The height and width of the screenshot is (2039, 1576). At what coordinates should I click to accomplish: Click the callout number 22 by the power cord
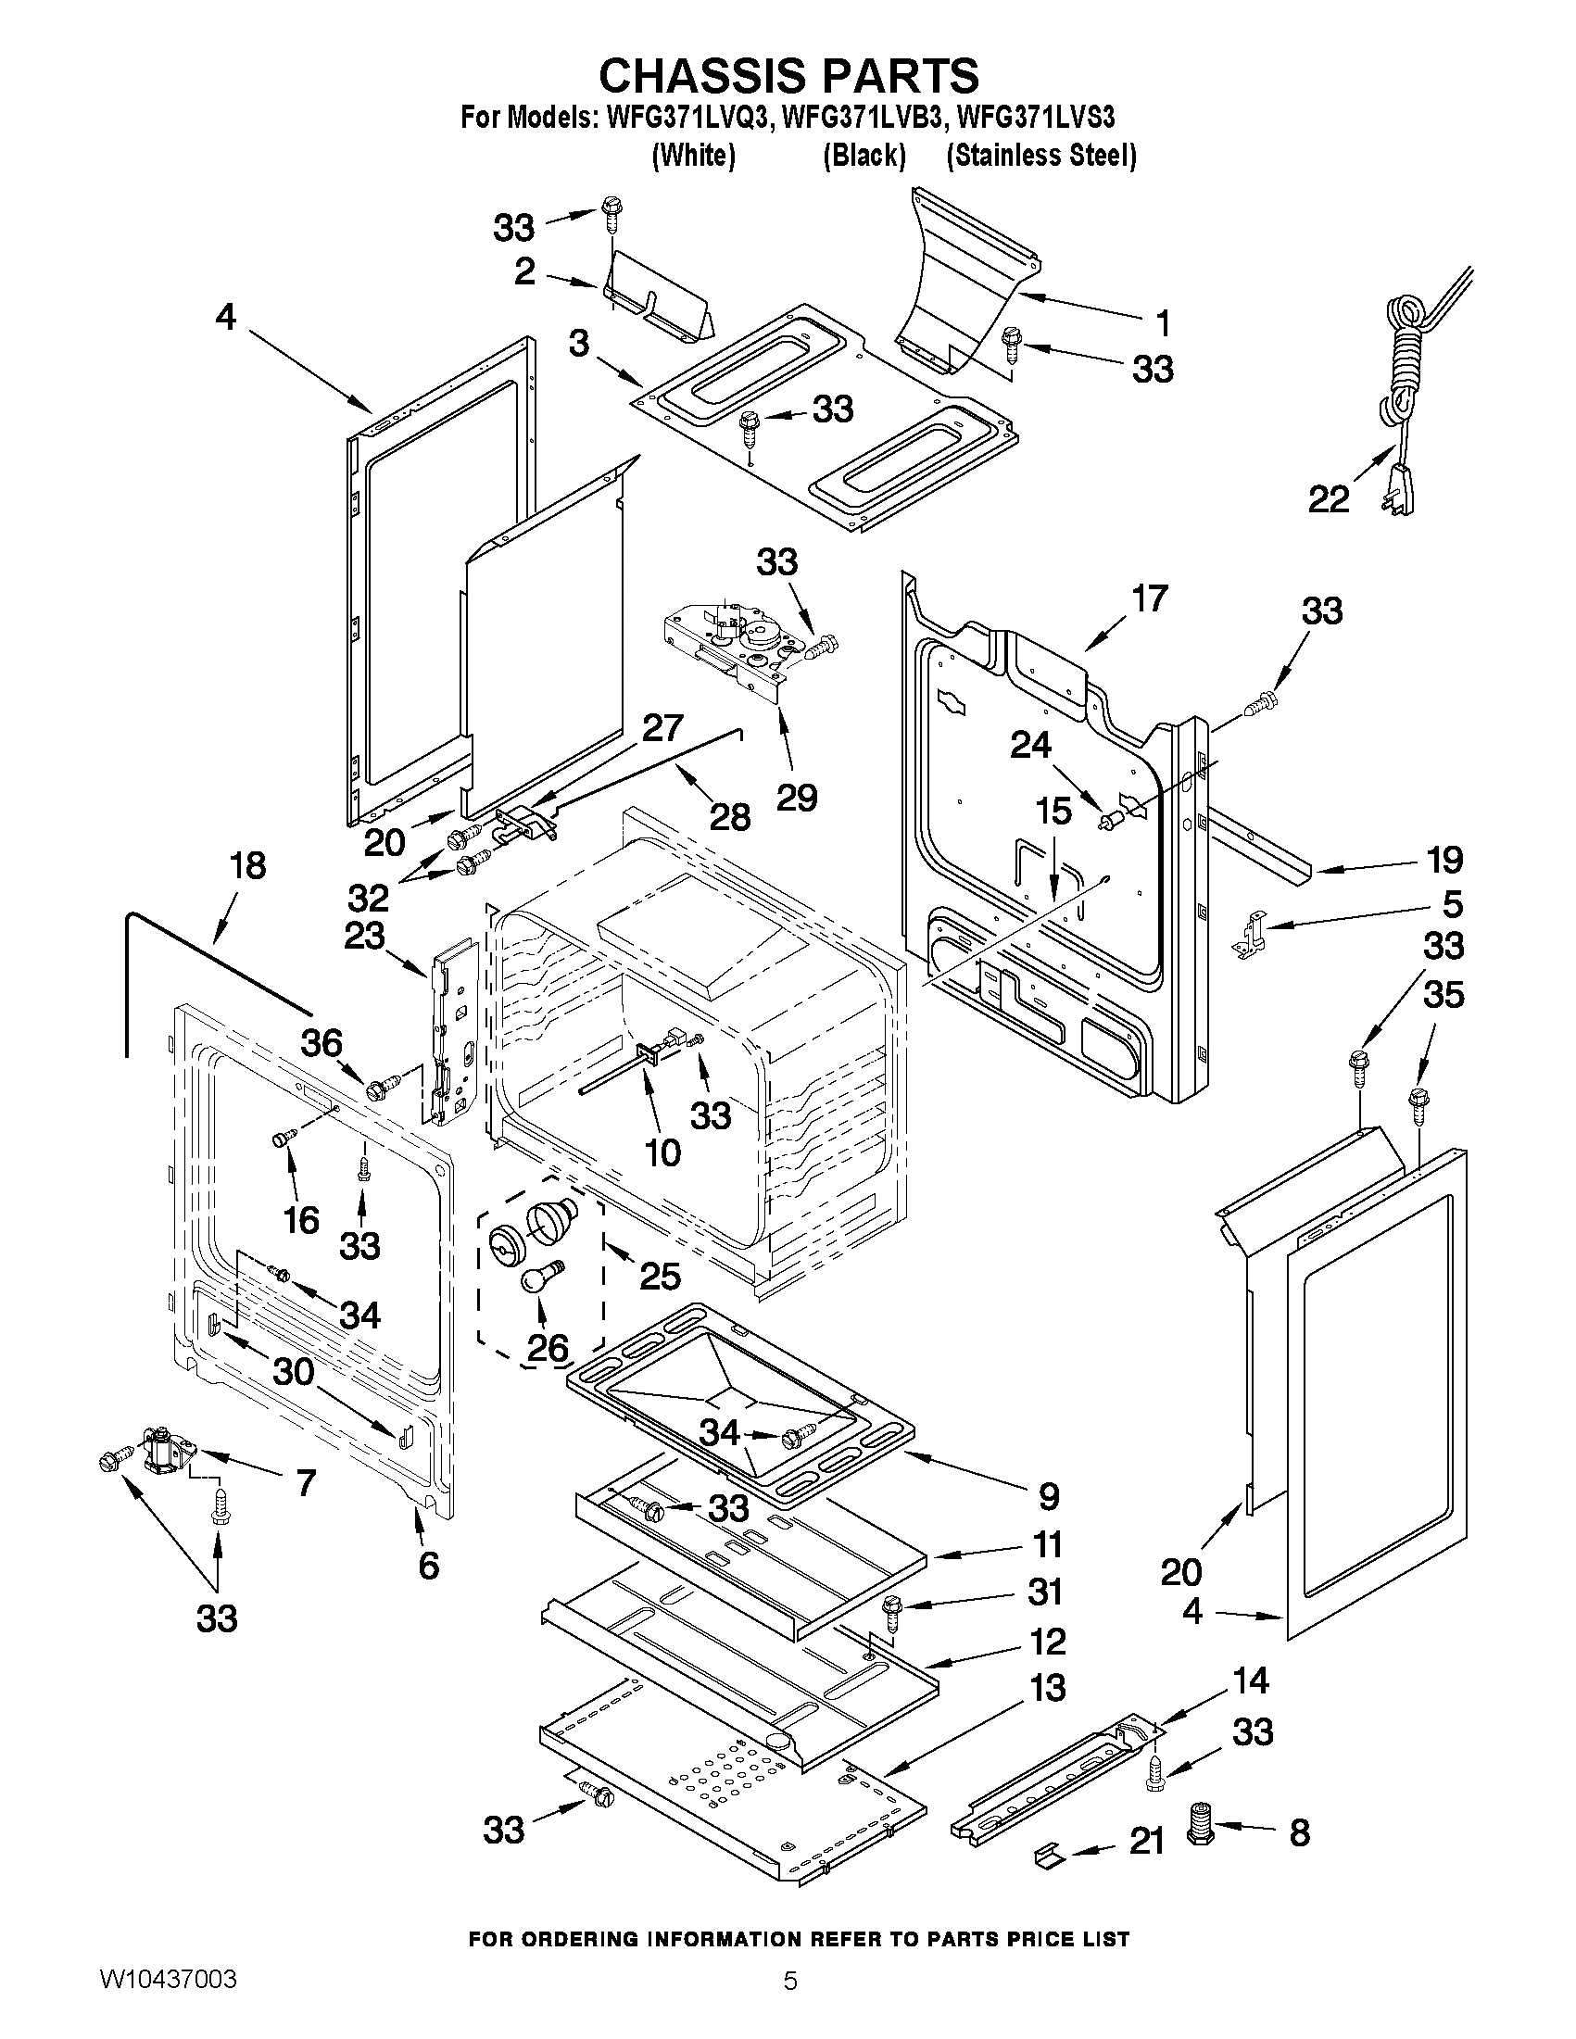point(1328,500)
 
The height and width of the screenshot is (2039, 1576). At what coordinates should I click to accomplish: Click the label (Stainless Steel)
point(1041,155)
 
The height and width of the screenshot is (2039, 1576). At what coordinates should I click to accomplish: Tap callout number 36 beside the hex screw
point(322,1043)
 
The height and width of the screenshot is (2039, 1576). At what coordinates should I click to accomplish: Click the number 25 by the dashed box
point(659,1276)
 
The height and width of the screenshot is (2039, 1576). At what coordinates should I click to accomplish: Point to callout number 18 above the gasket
point(247,865)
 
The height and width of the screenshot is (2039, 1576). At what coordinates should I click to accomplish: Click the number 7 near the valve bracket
point(306,1482)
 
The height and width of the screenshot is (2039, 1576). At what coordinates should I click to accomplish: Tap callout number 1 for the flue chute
point(1162,323)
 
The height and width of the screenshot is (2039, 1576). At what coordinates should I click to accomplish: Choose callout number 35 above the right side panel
point(1443,995)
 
